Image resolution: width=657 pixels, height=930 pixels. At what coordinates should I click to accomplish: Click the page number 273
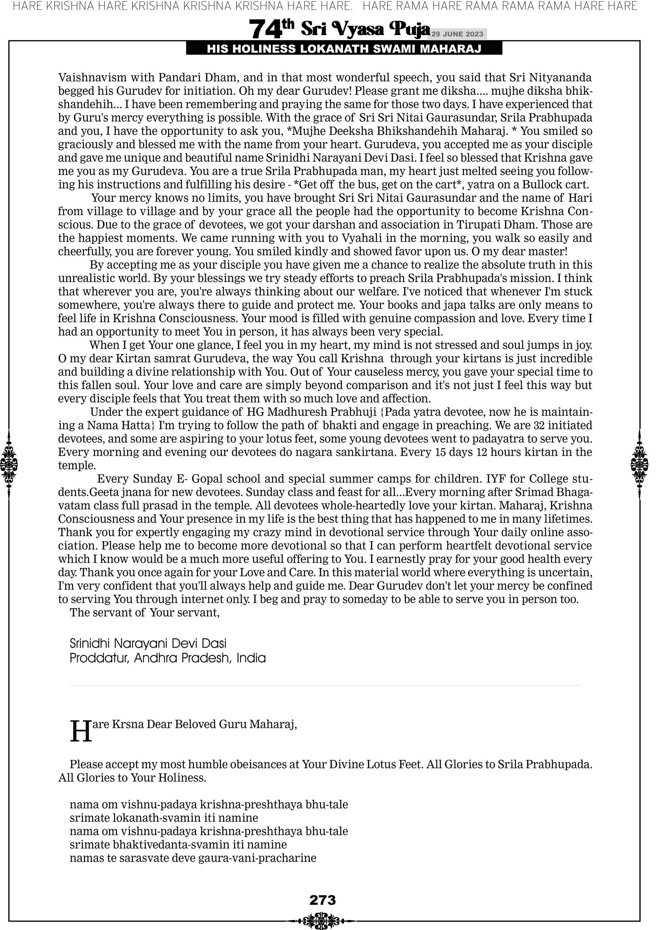coord(323,900)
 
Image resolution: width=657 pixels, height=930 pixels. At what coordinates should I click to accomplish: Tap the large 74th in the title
coord(272,29)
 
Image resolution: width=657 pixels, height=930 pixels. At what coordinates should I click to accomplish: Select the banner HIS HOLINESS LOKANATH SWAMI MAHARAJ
coord(344,49)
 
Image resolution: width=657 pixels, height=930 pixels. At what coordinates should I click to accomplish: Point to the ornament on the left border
coord(9,464)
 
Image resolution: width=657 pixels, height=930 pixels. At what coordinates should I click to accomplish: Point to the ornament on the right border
coord(639,464)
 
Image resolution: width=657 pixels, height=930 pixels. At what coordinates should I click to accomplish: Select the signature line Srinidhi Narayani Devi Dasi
coord(148,643)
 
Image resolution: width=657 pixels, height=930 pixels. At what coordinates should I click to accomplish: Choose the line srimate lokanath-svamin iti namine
coord(164,817)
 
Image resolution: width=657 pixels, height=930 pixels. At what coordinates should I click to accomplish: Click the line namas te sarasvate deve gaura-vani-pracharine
coord(193,858)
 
